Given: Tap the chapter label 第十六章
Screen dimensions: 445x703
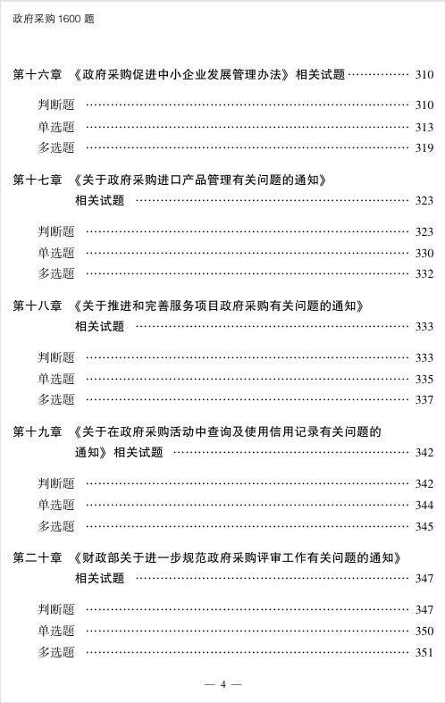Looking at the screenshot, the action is pos(38,75).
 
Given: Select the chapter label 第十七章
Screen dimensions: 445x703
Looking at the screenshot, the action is pos(38,180).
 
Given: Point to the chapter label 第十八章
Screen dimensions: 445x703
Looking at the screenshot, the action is pos(38,306).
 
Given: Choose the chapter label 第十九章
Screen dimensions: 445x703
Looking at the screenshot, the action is pos(38,432).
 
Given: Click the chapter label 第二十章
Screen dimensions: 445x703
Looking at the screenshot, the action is pos(38,558).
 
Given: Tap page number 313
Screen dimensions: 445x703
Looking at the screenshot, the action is pos(424,127).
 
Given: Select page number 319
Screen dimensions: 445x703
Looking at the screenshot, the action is pos(424,148).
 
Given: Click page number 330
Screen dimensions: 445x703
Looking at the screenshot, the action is pos(424,254).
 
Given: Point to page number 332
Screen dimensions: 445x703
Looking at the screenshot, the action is pos(424,274).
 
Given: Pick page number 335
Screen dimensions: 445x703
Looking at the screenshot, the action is pos(424,379).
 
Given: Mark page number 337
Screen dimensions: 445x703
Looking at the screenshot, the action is pos(424,400).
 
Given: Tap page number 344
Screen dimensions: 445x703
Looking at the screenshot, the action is pos(424,506).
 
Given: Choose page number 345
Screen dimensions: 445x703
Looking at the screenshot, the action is pos(424,527).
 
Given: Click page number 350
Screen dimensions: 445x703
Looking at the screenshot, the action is pos(424,632).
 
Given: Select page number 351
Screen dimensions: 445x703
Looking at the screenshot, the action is pos(424,653).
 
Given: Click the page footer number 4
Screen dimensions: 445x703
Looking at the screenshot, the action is pos(222,684).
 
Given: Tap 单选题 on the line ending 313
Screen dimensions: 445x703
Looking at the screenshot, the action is pos(56,127).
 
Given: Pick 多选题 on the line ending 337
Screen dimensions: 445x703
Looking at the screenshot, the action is pos(56,400).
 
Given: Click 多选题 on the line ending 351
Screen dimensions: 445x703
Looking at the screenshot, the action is pos(56,653).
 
